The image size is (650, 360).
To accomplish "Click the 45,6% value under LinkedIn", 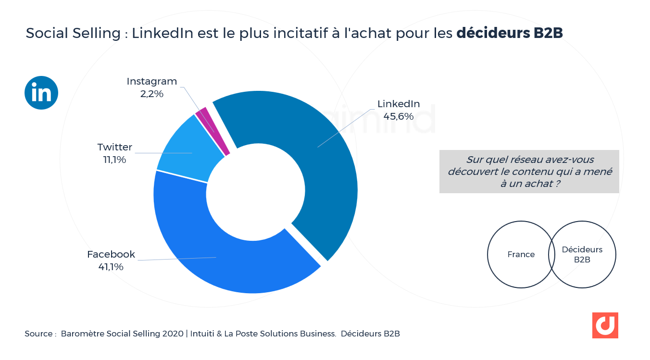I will point(398,116).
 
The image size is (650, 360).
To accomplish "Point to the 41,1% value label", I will point(111,267).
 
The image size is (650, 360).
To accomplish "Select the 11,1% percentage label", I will point(114,160).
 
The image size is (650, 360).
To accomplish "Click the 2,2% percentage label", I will point(152,94).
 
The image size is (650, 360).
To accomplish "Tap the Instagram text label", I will point(152,81).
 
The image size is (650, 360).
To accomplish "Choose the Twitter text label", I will point(114,147).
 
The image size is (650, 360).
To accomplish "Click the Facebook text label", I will point(111,254).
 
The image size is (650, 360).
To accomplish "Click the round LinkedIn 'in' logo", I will point(41,93).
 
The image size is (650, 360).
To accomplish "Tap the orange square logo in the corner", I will point(605,325).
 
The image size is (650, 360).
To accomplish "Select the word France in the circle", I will point(521,254).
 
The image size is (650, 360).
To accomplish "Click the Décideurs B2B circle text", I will point(582,254).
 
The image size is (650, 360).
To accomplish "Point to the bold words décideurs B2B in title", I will point(509,33).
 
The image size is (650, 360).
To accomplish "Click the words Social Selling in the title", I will point(73,33).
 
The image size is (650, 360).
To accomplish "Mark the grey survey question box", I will point(529,172).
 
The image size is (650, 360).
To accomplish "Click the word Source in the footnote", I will point(38,334).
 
